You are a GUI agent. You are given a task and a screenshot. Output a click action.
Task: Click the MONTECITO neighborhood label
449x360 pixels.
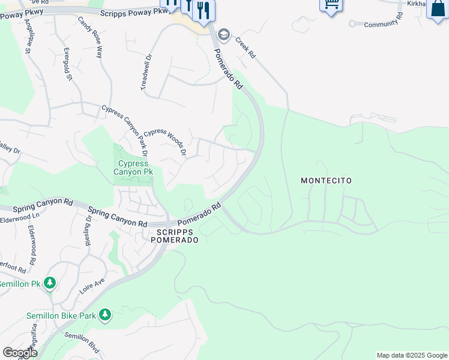326,181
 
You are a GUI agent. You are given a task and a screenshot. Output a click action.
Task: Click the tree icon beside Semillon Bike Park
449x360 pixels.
105,314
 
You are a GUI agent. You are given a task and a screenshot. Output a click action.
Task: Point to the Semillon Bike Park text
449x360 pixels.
61,315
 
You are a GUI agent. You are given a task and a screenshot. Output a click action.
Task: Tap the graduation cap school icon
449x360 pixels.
224,35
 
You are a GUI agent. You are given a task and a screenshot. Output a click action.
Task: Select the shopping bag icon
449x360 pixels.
438,8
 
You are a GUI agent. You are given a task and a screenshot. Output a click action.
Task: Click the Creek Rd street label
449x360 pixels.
245,47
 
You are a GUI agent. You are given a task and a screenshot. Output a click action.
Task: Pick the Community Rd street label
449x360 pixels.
381,23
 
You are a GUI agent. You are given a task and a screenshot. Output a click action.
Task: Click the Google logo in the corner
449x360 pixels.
20,353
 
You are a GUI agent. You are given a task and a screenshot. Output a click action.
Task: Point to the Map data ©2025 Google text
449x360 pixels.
412,355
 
